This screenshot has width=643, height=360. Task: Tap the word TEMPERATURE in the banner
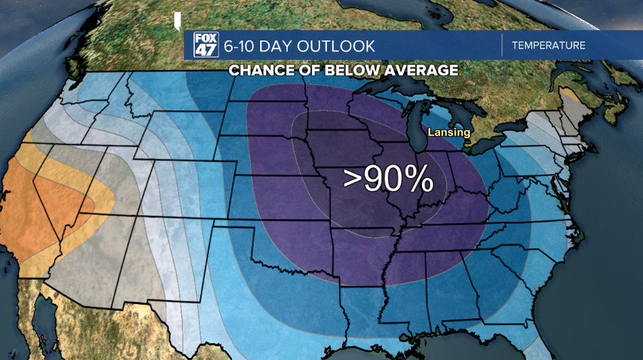click(548, 46)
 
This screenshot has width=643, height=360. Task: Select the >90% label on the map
click(387, 179)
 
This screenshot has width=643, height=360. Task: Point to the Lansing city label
click(448, 133)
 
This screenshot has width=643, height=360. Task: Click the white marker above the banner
click(177, 21)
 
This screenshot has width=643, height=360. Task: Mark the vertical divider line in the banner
click(502, 46)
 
